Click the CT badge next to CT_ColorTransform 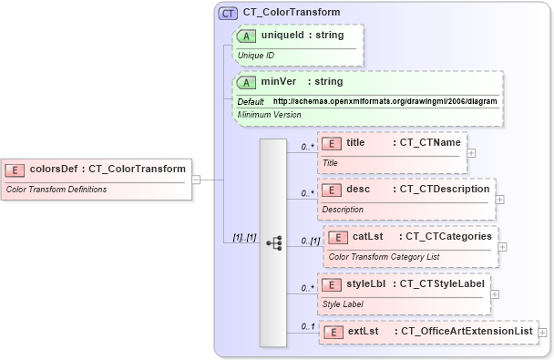229,13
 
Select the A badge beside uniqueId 246,36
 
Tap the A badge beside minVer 246,81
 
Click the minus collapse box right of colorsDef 196,180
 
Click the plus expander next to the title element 471,152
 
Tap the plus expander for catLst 503,246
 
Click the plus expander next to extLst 542,334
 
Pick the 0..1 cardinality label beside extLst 309,326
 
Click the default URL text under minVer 385,100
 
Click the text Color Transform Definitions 56,190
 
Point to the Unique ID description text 257,55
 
